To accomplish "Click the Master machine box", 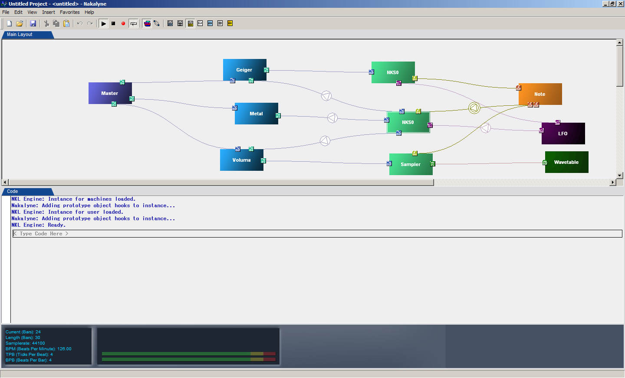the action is [110, 93].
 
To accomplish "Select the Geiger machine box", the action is [244, 70].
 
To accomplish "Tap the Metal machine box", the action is [256, 114].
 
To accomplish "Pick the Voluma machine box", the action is [241, 160].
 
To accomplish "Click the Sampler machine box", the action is [411, 164].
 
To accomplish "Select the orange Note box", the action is [540, 94].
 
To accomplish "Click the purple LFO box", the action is [563, 133].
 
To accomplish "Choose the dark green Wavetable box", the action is [566, 162].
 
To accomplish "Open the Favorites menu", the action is [69, 12].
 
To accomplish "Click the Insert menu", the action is [48, 12].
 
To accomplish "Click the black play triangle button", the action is [103, 23].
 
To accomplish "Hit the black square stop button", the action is [113, 23].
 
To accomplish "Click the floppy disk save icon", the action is [33, 23].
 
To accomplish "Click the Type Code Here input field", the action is [317, 234].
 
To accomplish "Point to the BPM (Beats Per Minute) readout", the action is [39, 349].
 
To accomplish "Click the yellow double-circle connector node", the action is [474, 108].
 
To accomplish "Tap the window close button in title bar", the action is [620, 3].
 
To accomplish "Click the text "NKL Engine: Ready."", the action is [39, 225].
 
